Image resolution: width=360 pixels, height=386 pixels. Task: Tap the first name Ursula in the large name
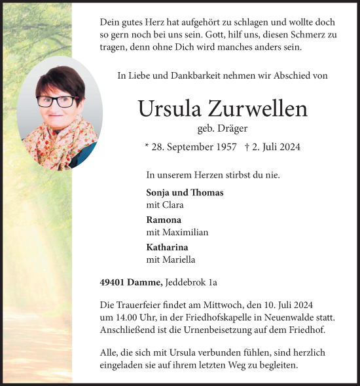[170, 109]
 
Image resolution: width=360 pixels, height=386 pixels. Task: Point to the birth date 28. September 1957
[194, 147]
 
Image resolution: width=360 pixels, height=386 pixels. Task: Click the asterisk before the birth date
[147, 145]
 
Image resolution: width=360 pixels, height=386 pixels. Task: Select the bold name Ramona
[164, 220]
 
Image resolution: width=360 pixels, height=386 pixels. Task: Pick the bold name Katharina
[167, 247]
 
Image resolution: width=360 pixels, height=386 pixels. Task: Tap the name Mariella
[177, 260]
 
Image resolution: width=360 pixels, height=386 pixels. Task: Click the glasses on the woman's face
[56, 101]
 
